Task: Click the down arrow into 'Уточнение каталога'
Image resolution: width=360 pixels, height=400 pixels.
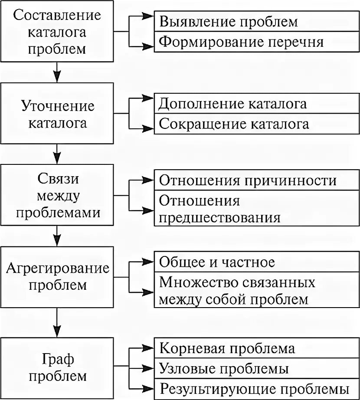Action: (x=57, y=77)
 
